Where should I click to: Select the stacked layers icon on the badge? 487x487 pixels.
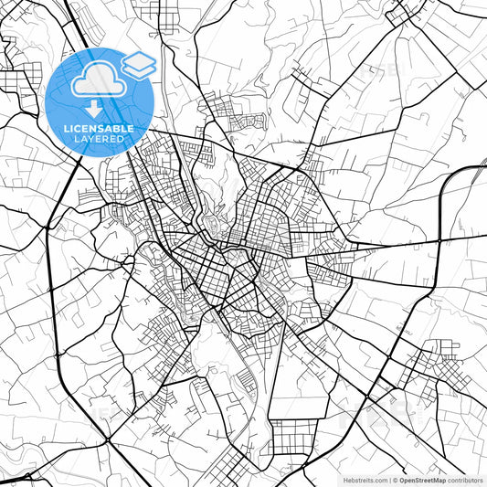pos(140,65)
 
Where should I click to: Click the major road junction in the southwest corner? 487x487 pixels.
pos(107,441)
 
